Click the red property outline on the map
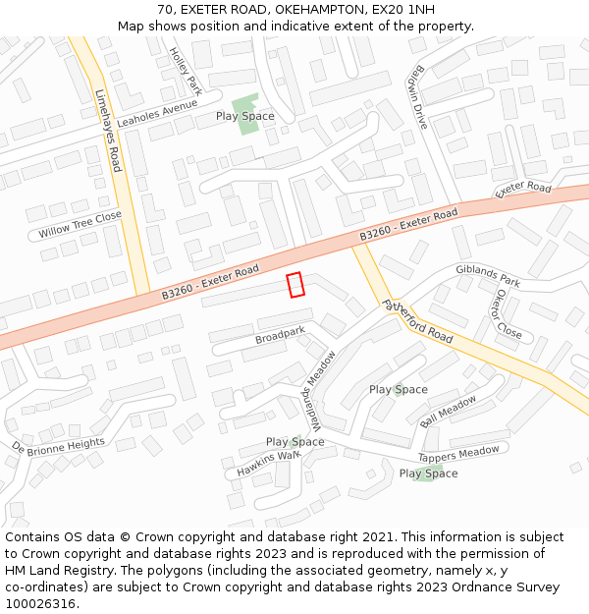pyautogui.click(x=295, y=284)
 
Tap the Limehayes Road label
pyautogui.click(x=109, y=131)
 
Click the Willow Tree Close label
pyautogui.click(x=80, y=225)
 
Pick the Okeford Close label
pyautogui.click(x=509, y=313)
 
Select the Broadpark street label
pyautogui.click(x=280, y=336)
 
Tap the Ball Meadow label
pyautogui.click(x=448, y=411)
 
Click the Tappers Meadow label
pyautogui.click(x=458, y=454)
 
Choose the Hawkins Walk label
pyautogui.click(x=268, y=463)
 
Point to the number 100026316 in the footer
pyautogui.click(x=41, y=603)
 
